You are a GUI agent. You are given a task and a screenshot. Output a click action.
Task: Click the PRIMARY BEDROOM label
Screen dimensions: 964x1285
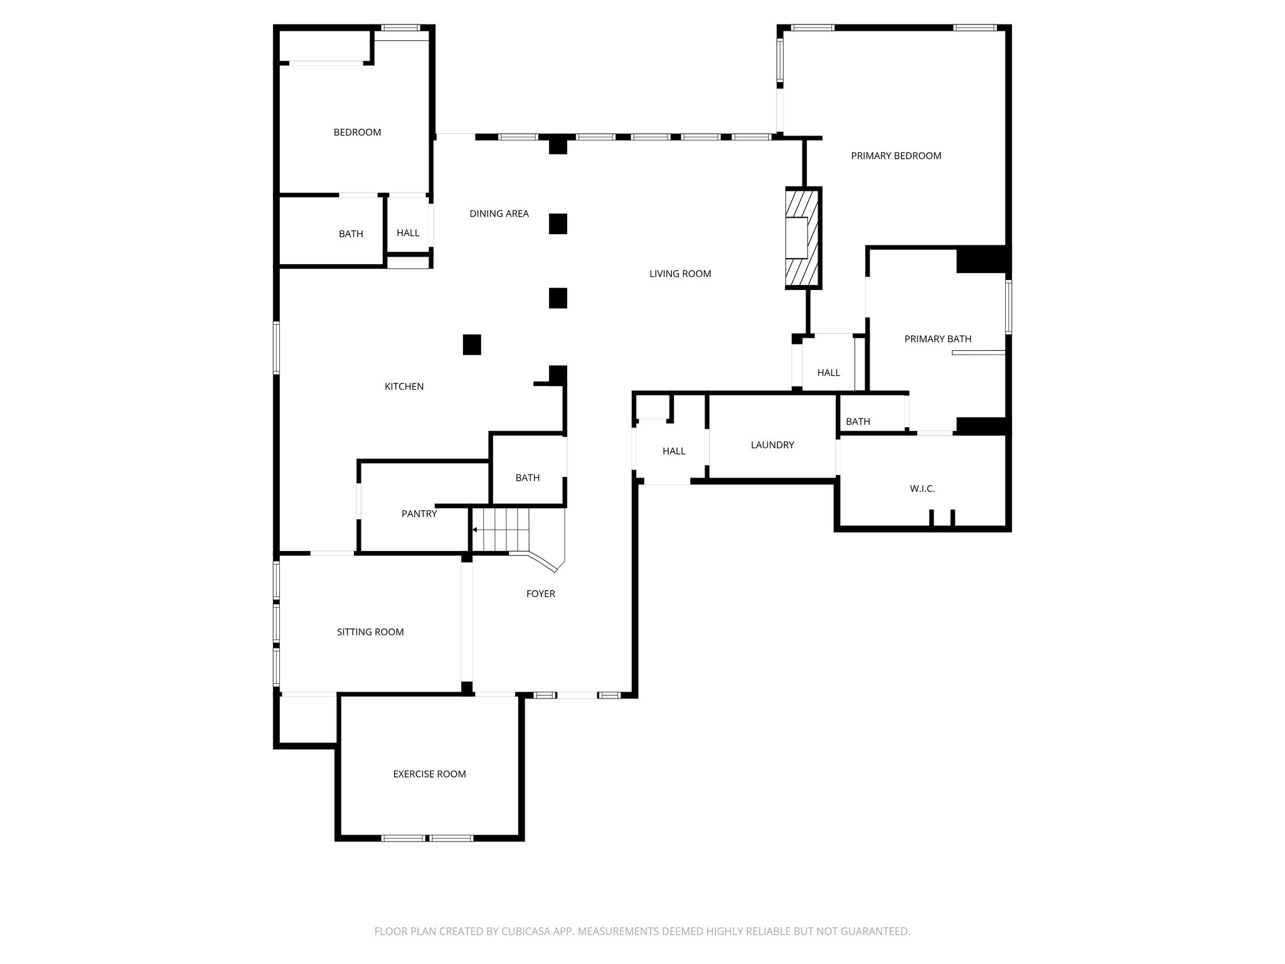click(895, 156)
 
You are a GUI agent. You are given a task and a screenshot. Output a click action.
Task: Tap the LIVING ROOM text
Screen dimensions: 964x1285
click(680, 274)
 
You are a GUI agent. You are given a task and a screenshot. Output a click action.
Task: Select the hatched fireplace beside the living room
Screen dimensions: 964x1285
click(802, 238)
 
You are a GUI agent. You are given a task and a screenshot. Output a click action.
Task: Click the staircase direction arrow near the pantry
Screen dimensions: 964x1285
click(475, 530)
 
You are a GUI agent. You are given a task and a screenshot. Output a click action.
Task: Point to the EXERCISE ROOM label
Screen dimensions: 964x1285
click(429, 774)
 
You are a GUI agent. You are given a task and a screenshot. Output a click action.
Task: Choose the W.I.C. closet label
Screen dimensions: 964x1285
click(922, 488)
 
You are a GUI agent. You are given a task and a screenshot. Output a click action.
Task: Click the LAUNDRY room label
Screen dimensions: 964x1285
click(772, 445)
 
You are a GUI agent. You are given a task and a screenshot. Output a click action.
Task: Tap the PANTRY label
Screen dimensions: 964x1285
click(419, 513)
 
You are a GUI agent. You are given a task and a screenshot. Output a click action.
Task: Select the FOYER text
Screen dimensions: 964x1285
click(540, 594)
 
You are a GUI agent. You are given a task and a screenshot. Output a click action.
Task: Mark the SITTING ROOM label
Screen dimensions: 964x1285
click(370, 632)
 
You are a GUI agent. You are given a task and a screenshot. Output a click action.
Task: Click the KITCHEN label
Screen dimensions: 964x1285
click(403, 387)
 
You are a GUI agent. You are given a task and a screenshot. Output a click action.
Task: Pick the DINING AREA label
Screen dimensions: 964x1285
click(499, 213)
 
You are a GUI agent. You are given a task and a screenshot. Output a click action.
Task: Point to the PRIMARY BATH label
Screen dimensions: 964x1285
click(937, 339)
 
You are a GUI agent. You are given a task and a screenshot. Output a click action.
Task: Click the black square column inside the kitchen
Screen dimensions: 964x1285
click(472, 345)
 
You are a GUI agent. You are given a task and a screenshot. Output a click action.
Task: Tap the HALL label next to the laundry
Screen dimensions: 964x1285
click(673, 451)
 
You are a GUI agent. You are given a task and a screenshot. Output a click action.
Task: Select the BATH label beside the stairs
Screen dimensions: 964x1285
click(527, 478)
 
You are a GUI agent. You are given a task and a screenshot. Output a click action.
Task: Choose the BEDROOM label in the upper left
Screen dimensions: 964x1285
click(357, 132)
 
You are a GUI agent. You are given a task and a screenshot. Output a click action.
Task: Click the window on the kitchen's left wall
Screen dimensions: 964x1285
click(276, 348)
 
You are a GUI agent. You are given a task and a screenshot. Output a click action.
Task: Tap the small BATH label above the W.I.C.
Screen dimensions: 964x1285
click(858, 422)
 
